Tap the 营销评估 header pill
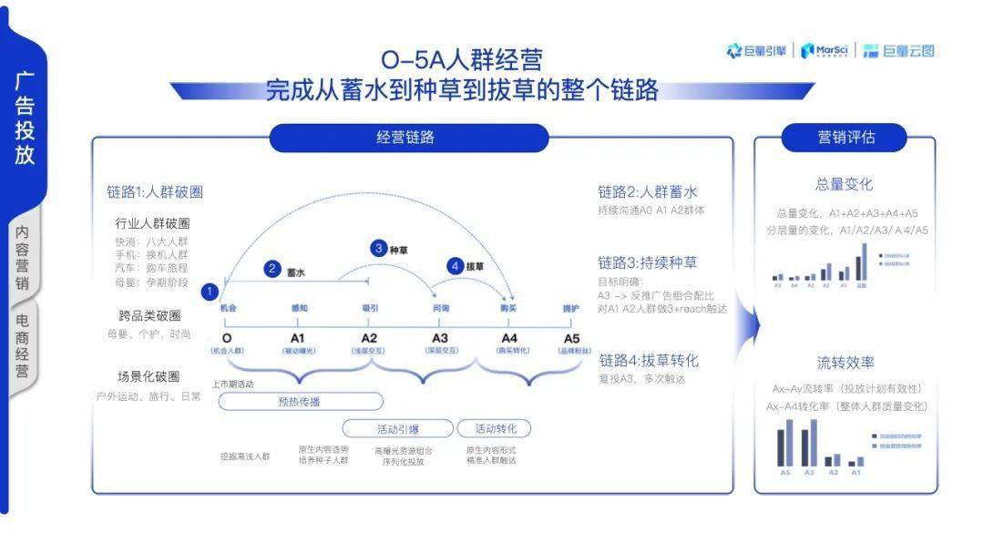(x=846, y=138)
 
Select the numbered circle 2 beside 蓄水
(x=272, y=269)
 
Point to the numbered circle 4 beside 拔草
(x=456, y=266)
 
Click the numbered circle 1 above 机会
(x=209, y=292)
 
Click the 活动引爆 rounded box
(x=397, y=428)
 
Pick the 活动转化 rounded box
(x=493, y=428)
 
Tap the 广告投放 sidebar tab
(x=25, y=118)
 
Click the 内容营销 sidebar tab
(x=23, y=258)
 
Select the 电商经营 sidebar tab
(x=23, y=346)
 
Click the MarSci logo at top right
(x=825, y=51)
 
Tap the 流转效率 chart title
(x=845, y=362)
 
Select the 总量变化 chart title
(x=845, y=184)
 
